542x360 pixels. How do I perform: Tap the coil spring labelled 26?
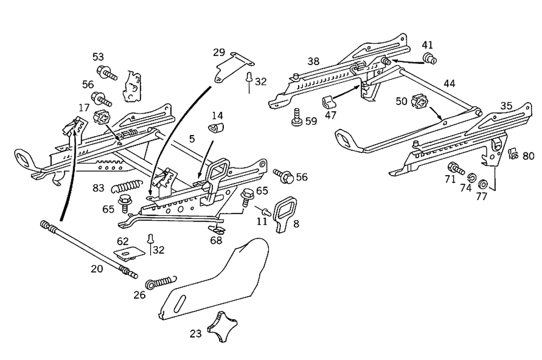pos(159,282)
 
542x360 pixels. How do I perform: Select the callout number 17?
pos(85,107)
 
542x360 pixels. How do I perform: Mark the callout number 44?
pos(449,83)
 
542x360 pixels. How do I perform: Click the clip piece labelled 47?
pos(328,102)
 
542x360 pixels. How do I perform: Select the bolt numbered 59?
pos(296,117)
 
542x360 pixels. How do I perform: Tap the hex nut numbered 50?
pos(421,101)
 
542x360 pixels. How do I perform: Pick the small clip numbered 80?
pos(512,155)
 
